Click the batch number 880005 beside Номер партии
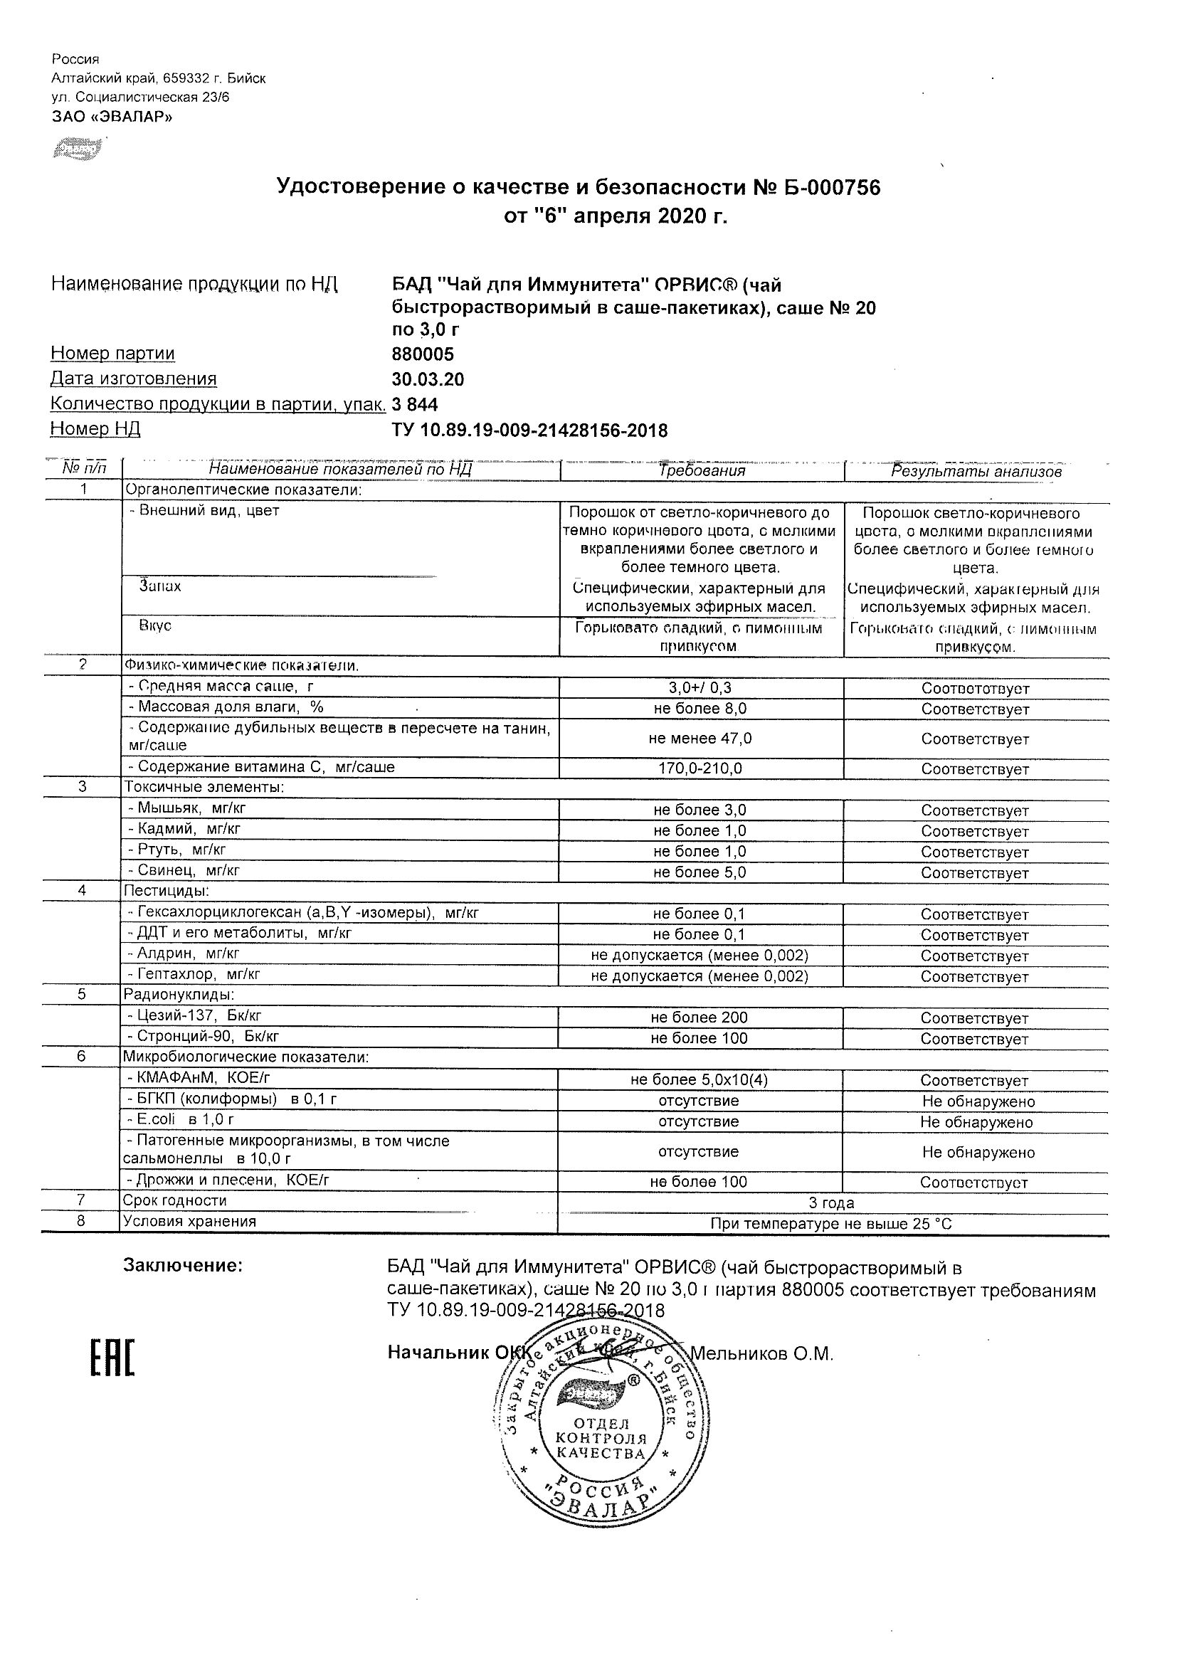click(423, 354)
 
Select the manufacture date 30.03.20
click(428, 379)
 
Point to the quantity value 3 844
click(415, 404)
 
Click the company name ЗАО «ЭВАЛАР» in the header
click(112, 116)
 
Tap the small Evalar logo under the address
click(77, 149)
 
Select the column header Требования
click(701, 470)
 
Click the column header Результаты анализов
click(976, 471)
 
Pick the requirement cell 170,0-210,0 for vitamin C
click(700, 768)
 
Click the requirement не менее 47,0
click(700, 739)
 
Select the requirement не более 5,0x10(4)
click(699, 1080)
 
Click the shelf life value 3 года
click(831, 1203)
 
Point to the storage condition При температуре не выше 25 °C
click(831, 1224)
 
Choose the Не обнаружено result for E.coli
click(976, 1123)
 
